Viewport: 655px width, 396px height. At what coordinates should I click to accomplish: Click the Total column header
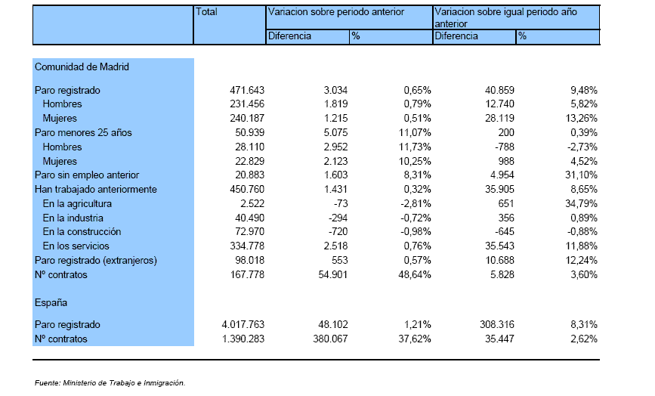(206, 11)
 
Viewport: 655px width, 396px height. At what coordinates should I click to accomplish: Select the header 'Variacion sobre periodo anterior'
(336, 11)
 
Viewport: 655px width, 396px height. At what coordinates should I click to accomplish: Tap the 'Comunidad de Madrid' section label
(82, 67)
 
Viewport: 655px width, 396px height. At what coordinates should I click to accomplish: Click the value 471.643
(247, 90)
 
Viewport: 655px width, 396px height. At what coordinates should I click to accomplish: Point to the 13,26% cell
(581, 118)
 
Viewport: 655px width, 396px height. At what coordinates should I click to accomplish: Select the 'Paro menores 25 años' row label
(83, 133)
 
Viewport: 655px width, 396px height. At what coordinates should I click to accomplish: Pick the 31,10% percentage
(581, 175)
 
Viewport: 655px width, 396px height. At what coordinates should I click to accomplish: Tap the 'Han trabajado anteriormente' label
(96, 189)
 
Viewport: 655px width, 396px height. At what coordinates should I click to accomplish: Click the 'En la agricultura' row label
(77, 204)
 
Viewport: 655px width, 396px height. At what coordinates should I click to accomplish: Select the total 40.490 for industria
(250, 218)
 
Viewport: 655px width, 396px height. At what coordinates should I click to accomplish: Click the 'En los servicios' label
(76, 246)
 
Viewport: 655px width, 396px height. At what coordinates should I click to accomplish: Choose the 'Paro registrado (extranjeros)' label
(96, 261)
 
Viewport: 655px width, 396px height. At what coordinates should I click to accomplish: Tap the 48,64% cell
(415, 275)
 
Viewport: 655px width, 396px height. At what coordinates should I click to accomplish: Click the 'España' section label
(51, 303)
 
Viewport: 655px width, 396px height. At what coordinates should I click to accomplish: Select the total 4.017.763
(243, 324)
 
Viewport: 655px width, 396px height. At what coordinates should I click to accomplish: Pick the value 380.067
(330, 339)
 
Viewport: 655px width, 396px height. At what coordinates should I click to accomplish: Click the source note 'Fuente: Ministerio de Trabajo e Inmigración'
(110, 382)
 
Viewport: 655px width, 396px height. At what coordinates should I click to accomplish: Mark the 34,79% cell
(581, 204)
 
